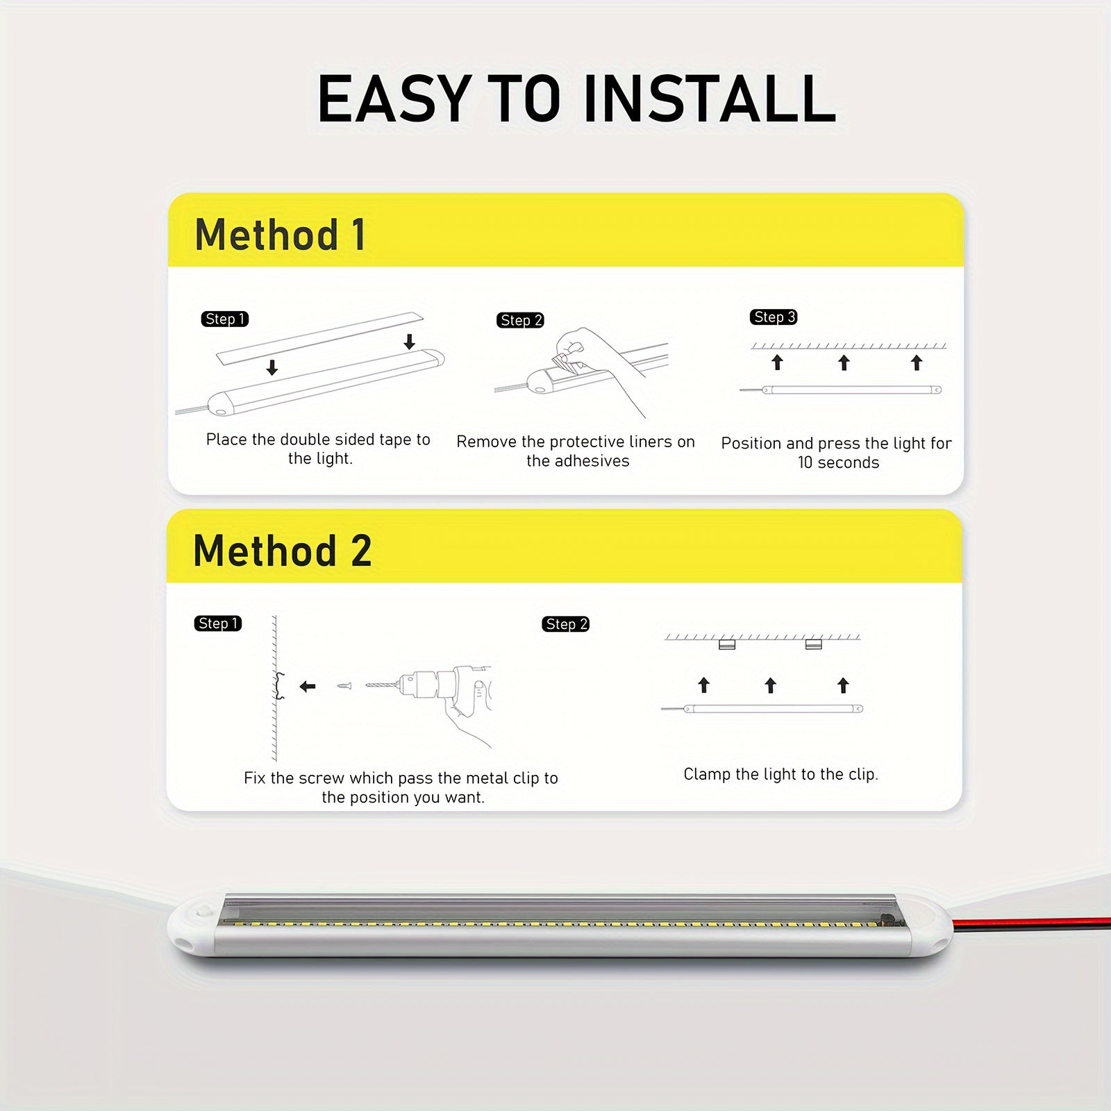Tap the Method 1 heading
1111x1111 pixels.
pos(280,234)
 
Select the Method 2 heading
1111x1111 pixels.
pos(282,551)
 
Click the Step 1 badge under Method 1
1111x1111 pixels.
pos(224,319)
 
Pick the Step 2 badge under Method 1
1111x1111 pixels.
pos(520,320)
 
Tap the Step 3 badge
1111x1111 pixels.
pos(774,317)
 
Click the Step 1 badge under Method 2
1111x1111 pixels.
pos(218,624)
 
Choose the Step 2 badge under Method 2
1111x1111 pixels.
pos(565,624)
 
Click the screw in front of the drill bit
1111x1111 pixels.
pos(344,686)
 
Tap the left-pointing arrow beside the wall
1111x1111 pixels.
pos(308,686)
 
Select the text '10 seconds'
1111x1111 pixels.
pos(838,462)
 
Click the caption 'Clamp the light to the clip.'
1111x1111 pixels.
pos(780,774)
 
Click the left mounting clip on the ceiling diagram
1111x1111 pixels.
pos(726,644)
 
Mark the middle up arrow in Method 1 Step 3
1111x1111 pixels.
pos(844,362)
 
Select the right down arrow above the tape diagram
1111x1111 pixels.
pos(410,341)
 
